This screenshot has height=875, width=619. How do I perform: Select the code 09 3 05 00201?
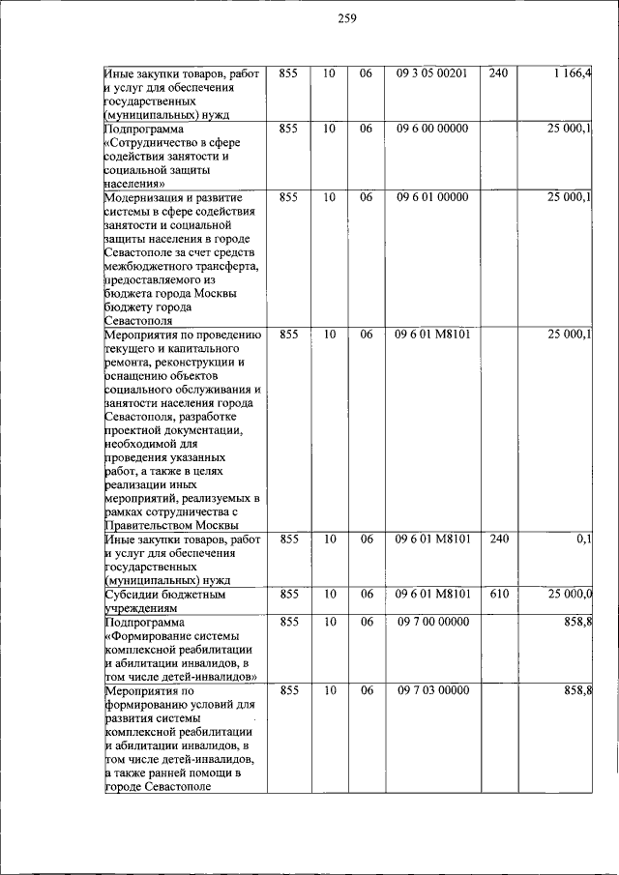coord(431,73)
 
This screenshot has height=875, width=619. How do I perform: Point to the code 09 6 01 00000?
coord(431,197)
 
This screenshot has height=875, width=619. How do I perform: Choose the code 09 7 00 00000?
coord(431,622)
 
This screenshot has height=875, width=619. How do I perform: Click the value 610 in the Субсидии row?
coord(498,595)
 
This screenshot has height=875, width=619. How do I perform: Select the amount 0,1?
coord(584,539)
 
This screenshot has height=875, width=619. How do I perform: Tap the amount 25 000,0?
coord(571,595)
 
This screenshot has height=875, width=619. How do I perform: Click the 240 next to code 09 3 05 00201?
coord(498,73)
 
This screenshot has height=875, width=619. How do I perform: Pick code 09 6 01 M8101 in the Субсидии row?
coord(431,595)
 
